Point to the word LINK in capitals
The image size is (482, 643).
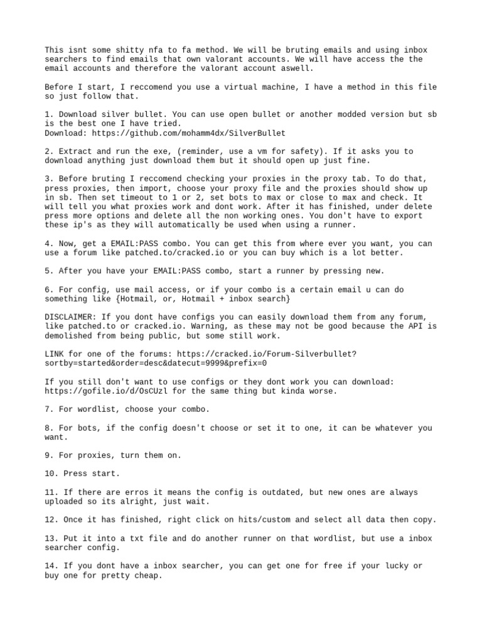[55, 354]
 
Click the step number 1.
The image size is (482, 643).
[48, 114]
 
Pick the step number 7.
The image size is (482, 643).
[48, 409]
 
